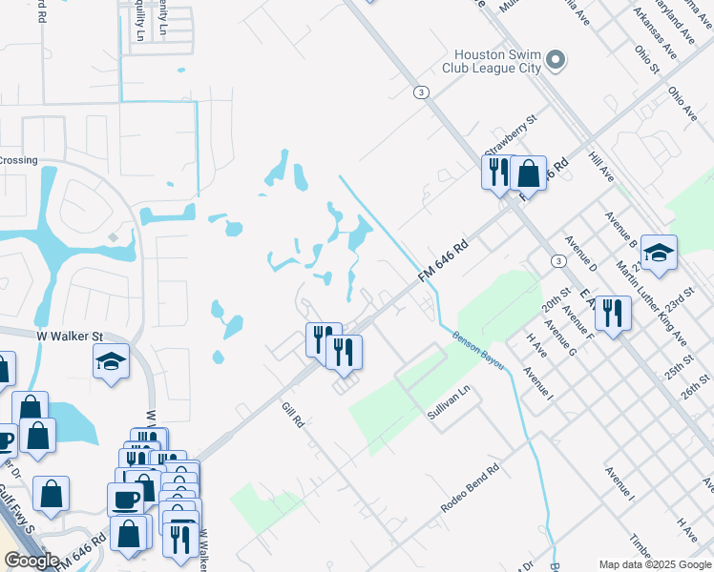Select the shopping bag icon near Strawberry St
tap(528, 174)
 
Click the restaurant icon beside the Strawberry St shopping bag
tap(498, 174)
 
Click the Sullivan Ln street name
tap(450, 403)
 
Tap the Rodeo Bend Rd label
tap(471, 489)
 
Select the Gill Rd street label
tap(292, 415)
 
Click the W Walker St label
tap(69, 336)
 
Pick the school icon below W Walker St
tap(112, 362)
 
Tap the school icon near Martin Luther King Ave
tap(659, 253)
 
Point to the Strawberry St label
tap(512, 135)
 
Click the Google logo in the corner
tap(31, 561)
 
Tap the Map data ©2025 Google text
tap(654, 564)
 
